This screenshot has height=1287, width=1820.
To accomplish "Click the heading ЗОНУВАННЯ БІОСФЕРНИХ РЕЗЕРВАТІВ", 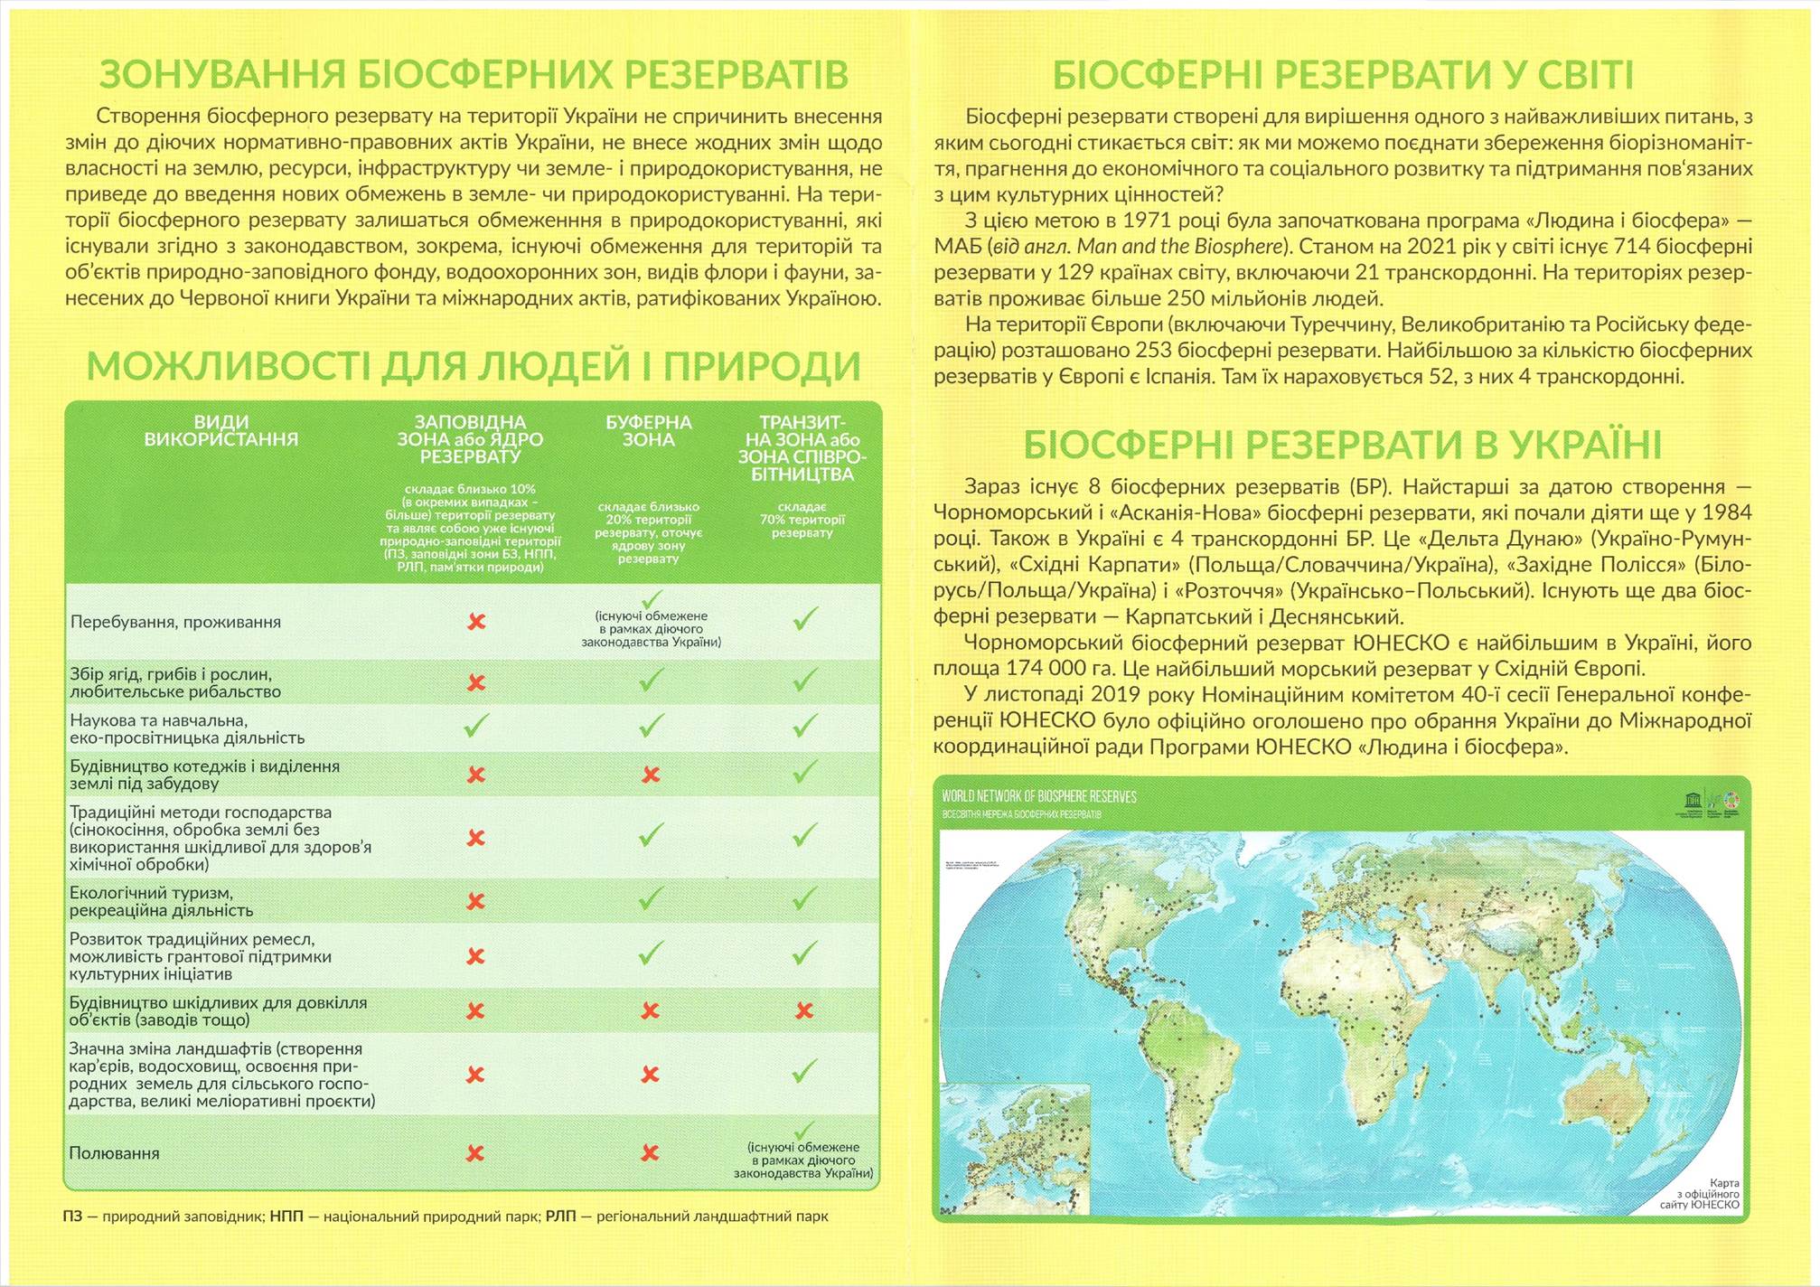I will (474, 74).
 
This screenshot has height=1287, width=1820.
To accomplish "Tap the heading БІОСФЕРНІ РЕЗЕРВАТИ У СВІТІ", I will (1343, 74).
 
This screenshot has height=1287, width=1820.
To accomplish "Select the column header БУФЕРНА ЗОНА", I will (649, 431).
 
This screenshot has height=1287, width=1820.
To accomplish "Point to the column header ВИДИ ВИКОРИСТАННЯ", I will (221, 431).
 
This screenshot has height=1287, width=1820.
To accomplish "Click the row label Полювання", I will (114, 1153).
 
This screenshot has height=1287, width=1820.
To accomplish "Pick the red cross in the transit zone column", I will (804, 1010).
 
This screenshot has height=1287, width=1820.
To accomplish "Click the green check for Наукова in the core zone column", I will (476, 726).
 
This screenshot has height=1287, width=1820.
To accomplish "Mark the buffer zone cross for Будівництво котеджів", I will (651, 775).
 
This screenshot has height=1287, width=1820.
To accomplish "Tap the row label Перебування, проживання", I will (175, 622).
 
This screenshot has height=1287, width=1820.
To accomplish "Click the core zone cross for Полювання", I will (475, 1153).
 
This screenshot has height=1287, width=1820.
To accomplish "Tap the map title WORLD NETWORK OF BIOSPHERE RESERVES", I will (1039, 796).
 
